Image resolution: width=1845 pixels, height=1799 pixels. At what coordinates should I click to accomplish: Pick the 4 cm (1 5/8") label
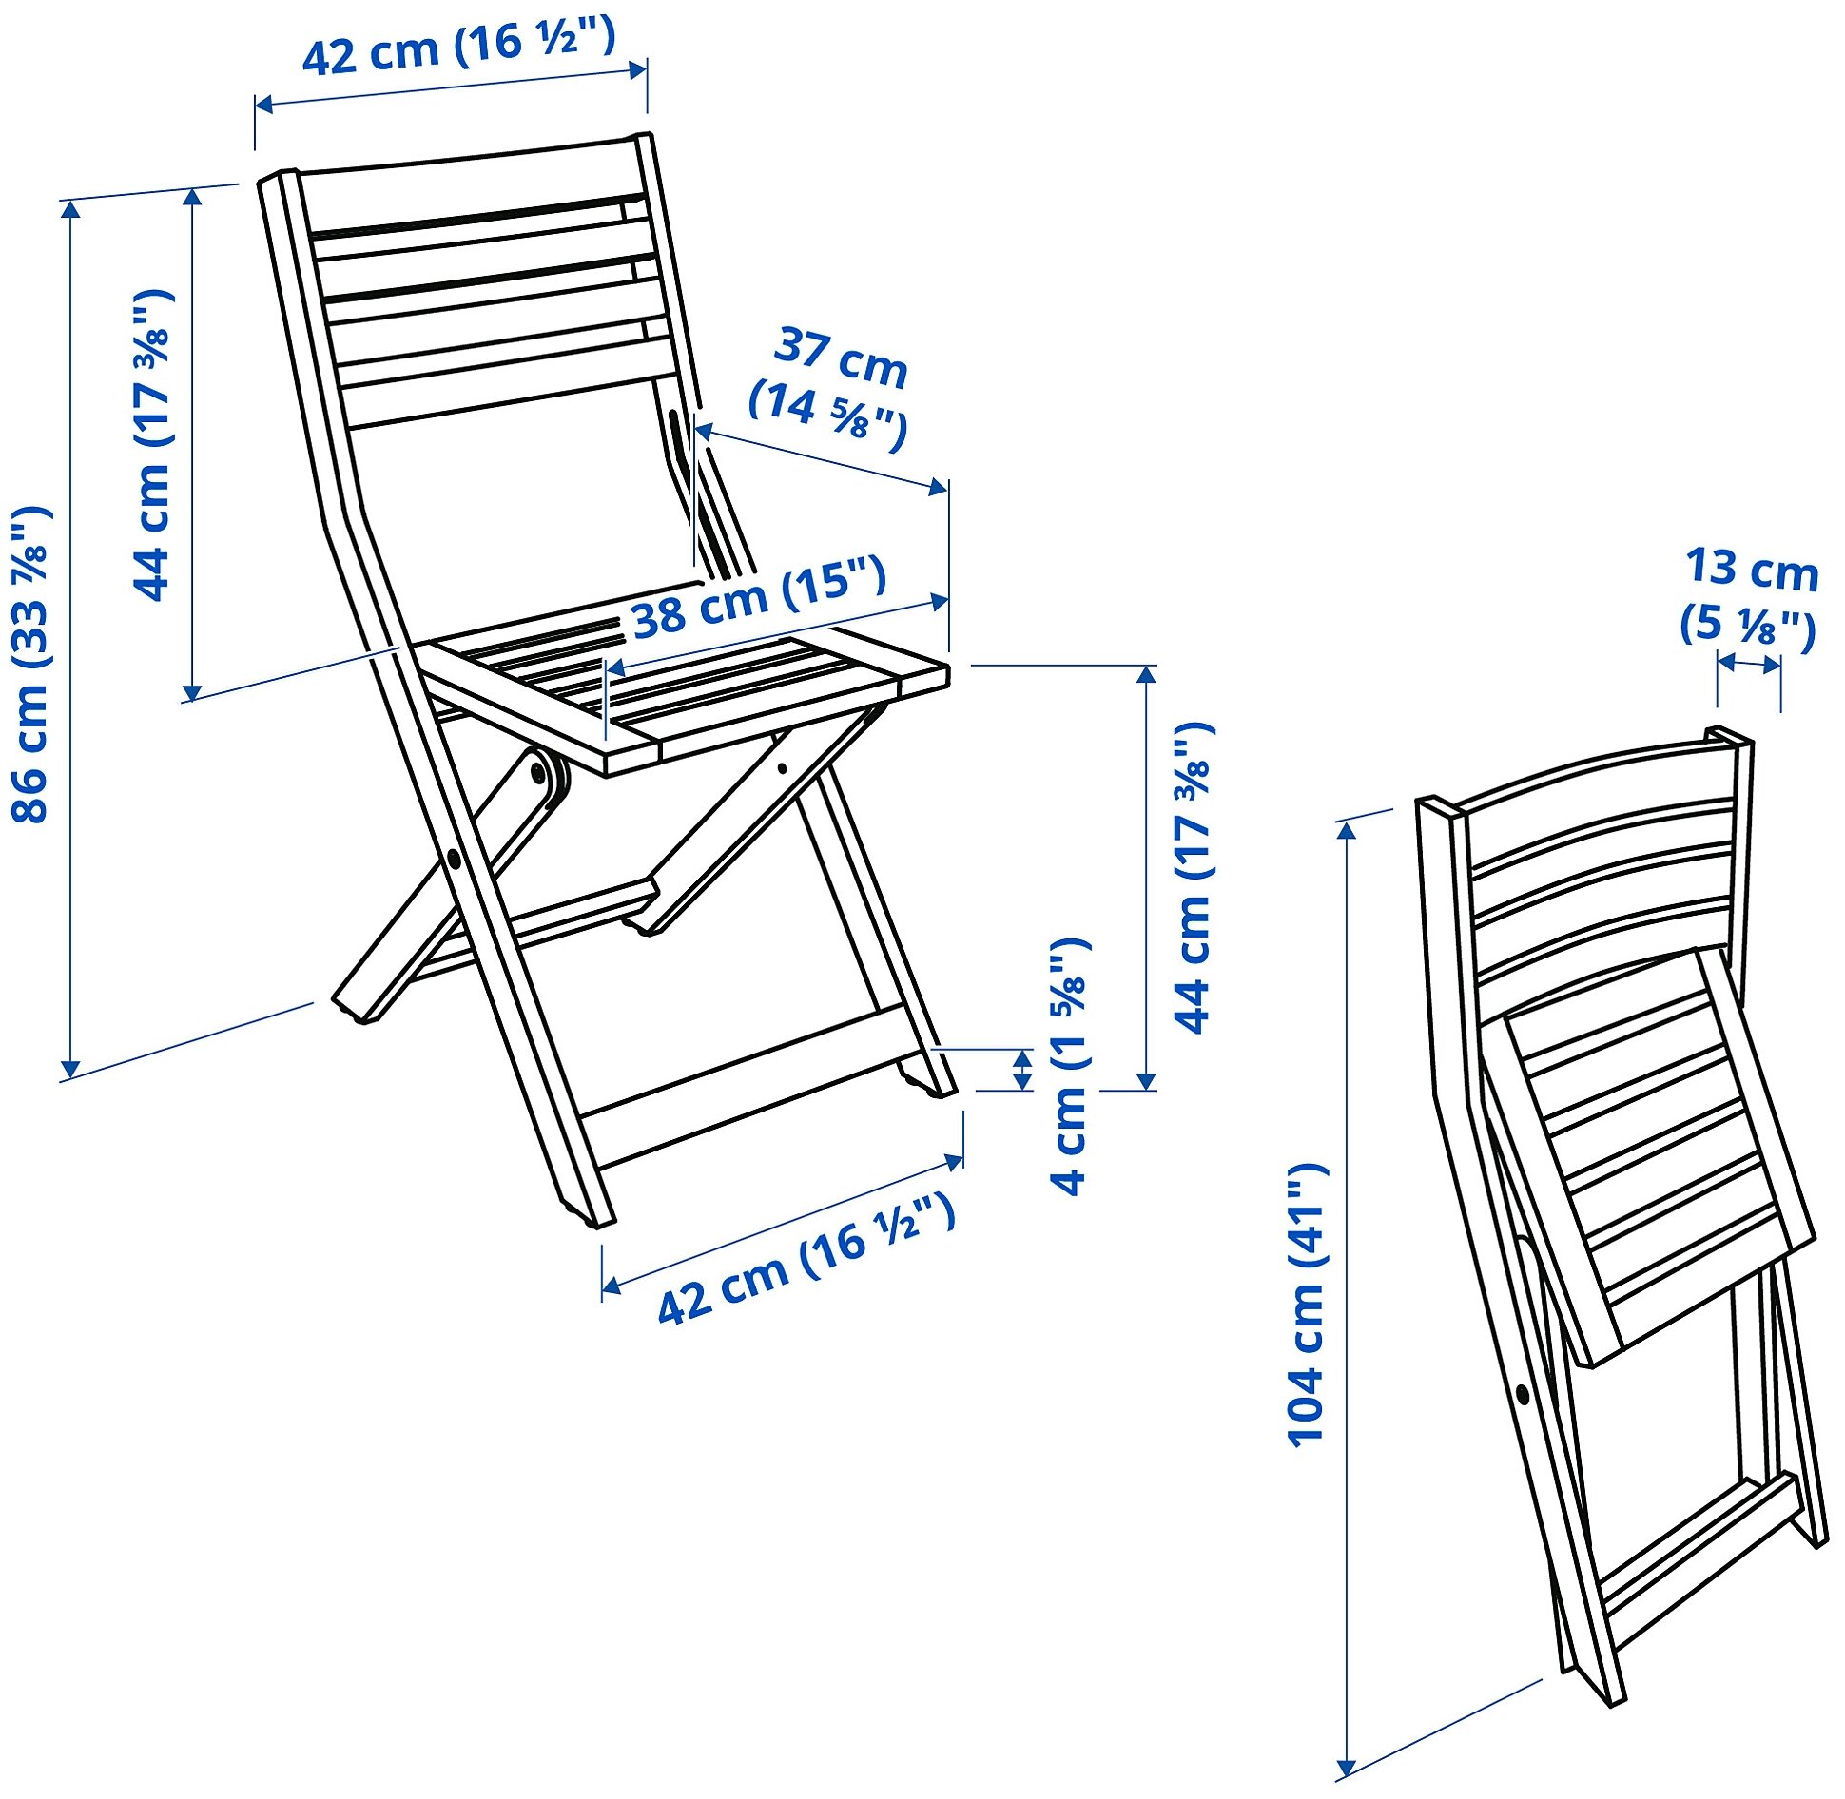coord(1069,1066)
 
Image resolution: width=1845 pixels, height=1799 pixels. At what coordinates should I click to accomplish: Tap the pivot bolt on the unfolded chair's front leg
coord(454,860)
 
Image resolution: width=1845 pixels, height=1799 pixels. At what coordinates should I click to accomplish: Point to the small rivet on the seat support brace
coord(782,768)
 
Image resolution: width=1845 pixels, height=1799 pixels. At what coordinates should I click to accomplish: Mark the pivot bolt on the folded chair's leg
coord(1523,1395)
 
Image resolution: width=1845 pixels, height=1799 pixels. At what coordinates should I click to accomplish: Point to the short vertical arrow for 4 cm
coord(1023,1070)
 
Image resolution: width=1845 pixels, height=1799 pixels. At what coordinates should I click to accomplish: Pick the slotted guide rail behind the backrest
coord(677,437)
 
